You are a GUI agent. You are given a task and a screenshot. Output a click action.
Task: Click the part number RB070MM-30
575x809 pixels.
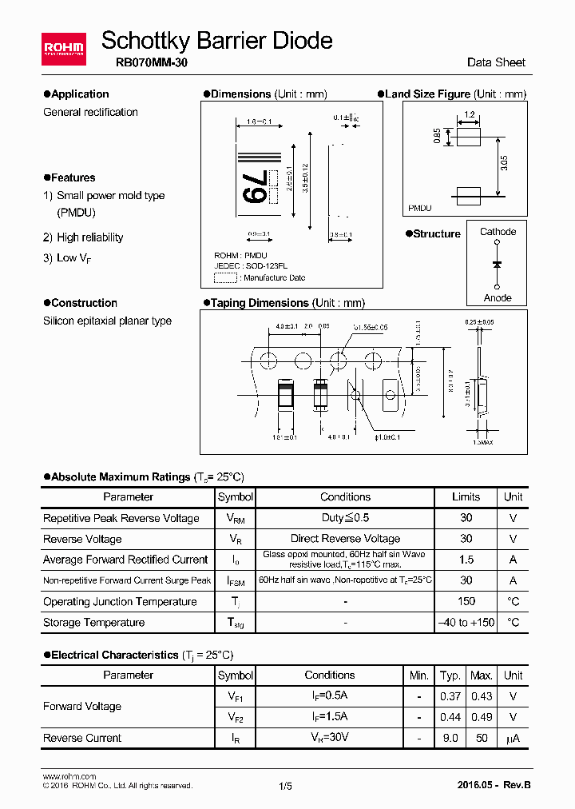146,63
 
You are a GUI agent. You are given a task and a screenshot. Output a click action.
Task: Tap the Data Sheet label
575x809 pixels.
496,62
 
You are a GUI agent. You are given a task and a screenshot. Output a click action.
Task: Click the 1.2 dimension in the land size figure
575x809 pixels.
469,114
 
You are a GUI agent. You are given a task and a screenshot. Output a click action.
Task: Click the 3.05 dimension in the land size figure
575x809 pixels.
503,163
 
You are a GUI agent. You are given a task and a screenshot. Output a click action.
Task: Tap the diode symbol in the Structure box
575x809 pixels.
498,264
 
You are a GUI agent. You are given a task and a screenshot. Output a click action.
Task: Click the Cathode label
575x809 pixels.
498,232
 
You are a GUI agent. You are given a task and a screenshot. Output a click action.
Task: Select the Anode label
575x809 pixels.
498,297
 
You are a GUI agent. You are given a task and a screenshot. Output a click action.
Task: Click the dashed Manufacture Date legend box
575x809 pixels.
226,277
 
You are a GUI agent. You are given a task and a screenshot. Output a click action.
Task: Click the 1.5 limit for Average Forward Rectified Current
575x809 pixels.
466,560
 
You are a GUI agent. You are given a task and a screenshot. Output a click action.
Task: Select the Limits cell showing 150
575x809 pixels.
466,601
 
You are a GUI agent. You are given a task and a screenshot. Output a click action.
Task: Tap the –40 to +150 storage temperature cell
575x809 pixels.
466,622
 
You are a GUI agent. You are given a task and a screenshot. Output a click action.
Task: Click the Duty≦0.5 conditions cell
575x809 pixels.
345,518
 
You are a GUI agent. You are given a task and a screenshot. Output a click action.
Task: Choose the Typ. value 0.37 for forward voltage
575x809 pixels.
450,696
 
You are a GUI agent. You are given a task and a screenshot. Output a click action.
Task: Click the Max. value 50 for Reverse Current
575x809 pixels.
482,738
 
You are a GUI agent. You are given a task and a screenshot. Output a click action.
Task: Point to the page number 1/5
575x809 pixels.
286,786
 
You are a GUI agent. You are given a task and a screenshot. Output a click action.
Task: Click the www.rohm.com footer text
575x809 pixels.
69,776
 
